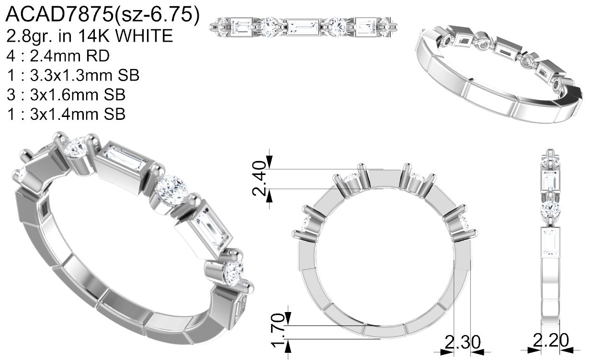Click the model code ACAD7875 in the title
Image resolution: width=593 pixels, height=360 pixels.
coord(59,14)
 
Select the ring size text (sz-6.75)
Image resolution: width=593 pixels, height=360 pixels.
coord(157,15)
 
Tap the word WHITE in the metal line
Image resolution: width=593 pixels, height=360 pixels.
coord(145,36)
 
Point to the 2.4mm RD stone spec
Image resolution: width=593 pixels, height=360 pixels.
coord(58,56)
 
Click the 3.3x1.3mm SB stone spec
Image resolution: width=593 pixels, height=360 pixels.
coord(73,75)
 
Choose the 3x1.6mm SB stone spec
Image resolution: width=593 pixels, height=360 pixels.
coord(66,94)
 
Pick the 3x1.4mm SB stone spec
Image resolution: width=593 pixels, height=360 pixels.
coord(66,114)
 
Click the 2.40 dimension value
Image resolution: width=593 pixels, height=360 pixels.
coord(259,178)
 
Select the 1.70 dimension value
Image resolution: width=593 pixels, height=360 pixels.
coord(278,330)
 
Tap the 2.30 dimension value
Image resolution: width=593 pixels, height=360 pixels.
coord(462,341)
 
